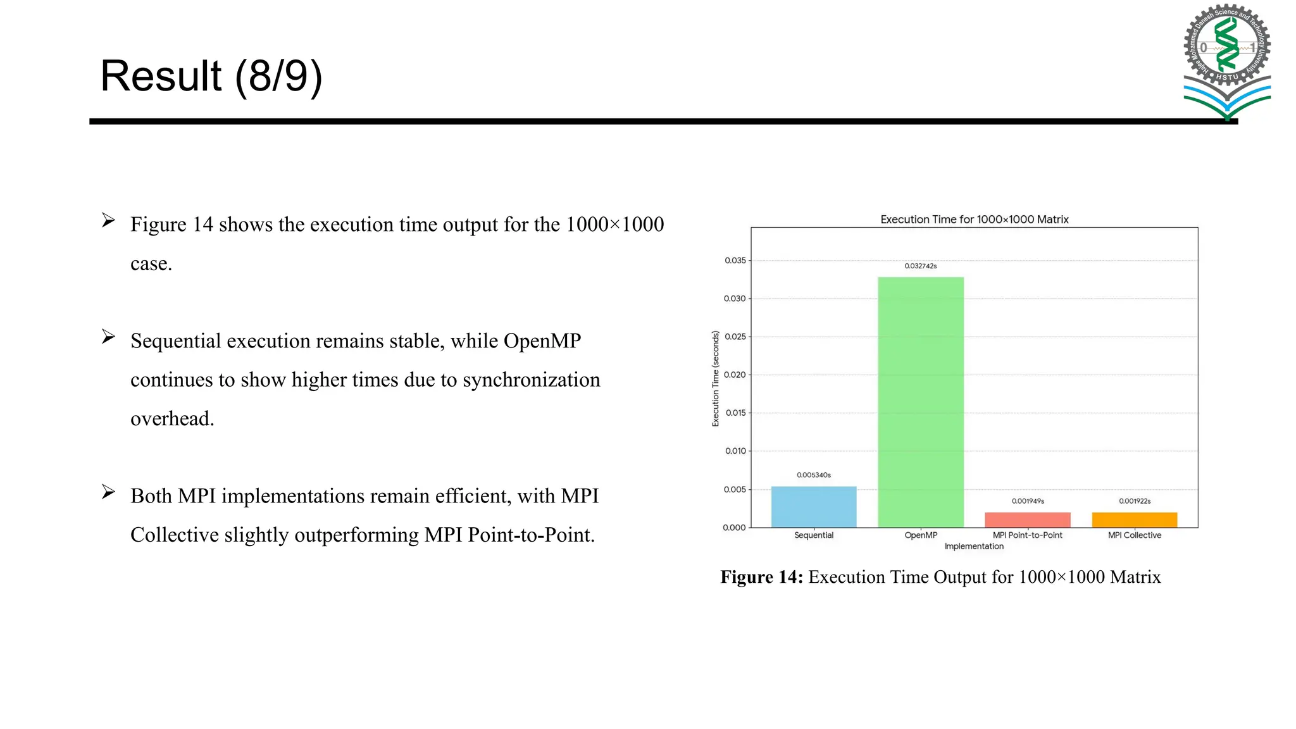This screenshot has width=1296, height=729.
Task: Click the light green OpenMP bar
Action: (921, 402)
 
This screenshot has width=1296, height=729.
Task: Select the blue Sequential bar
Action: (814, 507)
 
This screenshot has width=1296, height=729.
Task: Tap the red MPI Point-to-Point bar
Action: (1028, 520)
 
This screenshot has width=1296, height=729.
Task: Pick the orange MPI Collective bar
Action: (1135, 520)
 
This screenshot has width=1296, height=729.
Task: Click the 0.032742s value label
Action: (921, 266)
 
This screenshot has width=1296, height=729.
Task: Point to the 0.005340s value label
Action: (814, 475)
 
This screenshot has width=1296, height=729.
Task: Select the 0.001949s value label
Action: (1028, 501)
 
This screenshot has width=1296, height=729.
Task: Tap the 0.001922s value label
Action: (1135, 501)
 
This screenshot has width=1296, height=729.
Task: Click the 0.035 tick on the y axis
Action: (735, 261)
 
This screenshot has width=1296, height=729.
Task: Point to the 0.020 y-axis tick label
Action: (735, 375)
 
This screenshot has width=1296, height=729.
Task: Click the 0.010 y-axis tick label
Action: (735, 451)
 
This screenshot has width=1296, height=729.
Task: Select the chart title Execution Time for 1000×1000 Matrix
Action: (975, 220)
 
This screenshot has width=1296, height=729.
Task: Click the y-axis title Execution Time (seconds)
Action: (716, 378)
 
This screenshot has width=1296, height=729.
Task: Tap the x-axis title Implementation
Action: (974, 547)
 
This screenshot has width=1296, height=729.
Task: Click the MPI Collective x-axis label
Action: (1135, 535)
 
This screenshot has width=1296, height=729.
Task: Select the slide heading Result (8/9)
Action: (211, 76)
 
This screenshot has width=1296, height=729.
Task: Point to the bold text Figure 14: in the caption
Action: (762, 577)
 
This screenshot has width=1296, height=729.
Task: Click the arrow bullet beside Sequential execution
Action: (108, 337)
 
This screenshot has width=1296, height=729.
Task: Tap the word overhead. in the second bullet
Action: (172, 419)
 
